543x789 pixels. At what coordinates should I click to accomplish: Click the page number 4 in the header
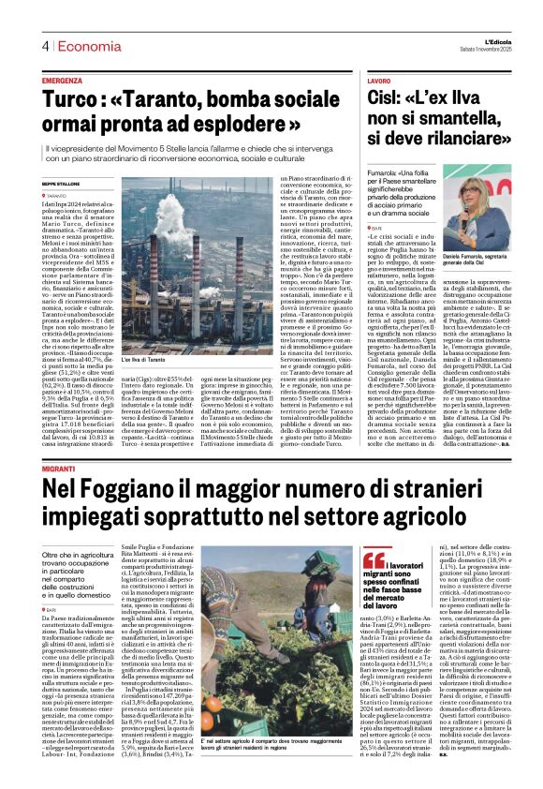point(44,46)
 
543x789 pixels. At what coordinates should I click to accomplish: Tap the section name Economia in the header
point(81,46)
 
